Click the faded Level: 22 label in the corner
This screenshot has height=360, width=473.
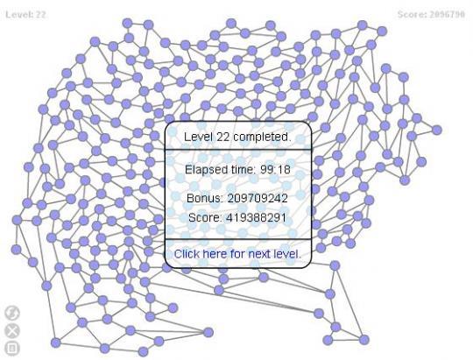(25, 15)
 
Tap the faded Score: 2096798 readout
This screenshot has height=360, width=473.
(431, 15)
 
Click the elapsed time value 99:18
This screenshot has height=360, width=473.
(275, 170)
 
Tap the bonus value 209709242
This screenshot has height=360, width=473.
(258, 199)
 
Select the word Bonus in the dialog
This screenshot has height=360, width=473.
(205, 199)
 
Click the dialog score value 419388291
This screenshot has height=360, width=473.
(256, 217)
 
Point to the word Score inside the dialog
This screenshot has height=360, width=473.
(205, 217)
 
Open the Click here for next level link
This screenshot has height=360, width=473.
(237, 254)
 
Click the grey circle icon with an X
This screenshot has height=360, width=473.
(12, 331)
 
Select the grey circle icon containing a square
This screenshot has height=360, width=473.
(12, 349)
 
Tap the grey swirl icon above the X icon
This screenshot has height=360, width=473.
(12, 313)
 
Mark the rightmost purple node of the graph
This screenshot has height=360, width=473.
(436, 130)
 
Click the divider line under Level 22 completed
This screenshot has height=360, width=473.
(238, 150)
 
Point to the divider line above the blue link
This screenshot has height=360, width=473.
(238, 239)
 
